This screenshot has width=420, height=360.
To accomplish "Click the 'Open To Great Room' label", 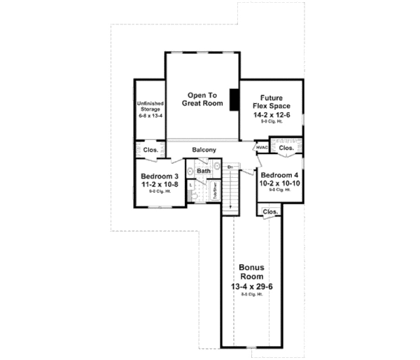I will [x=202, y=99].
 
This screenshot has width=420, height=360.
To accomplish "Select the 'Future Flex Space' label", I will [x=272, y=102].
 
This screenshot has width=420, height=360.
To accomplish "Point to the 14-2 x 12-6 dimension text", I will [x=272, y=115].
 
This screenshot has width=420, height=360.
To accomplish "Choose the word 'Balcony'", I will [x=204, y=150].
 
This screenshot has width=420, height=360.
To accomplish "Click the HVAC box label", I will [x=262, y=148].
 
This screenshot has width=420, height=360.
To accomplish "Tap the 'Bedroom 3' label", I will [x=160, y=176].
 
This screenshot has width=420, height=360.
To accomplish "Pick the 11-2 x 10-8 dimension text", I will [x=160, y=184].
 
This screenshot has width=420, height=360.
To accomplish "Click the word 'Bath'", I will [x=203, y=171].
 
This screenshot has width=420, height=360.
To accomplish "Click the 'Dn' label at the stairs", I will [x=230, y=167].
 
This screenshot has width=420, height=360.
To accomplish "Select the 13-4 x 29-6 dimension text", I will [x=253, y=286].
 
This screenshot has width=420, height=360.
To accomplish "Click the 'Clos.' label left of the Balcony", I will [x=150, y=150].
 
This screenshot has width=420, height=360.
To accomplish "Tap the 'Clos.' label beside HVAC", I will [x=287, y=148].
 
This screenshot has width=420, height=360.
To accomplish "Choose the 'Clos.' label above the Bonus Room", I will [x=270, y=211].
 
